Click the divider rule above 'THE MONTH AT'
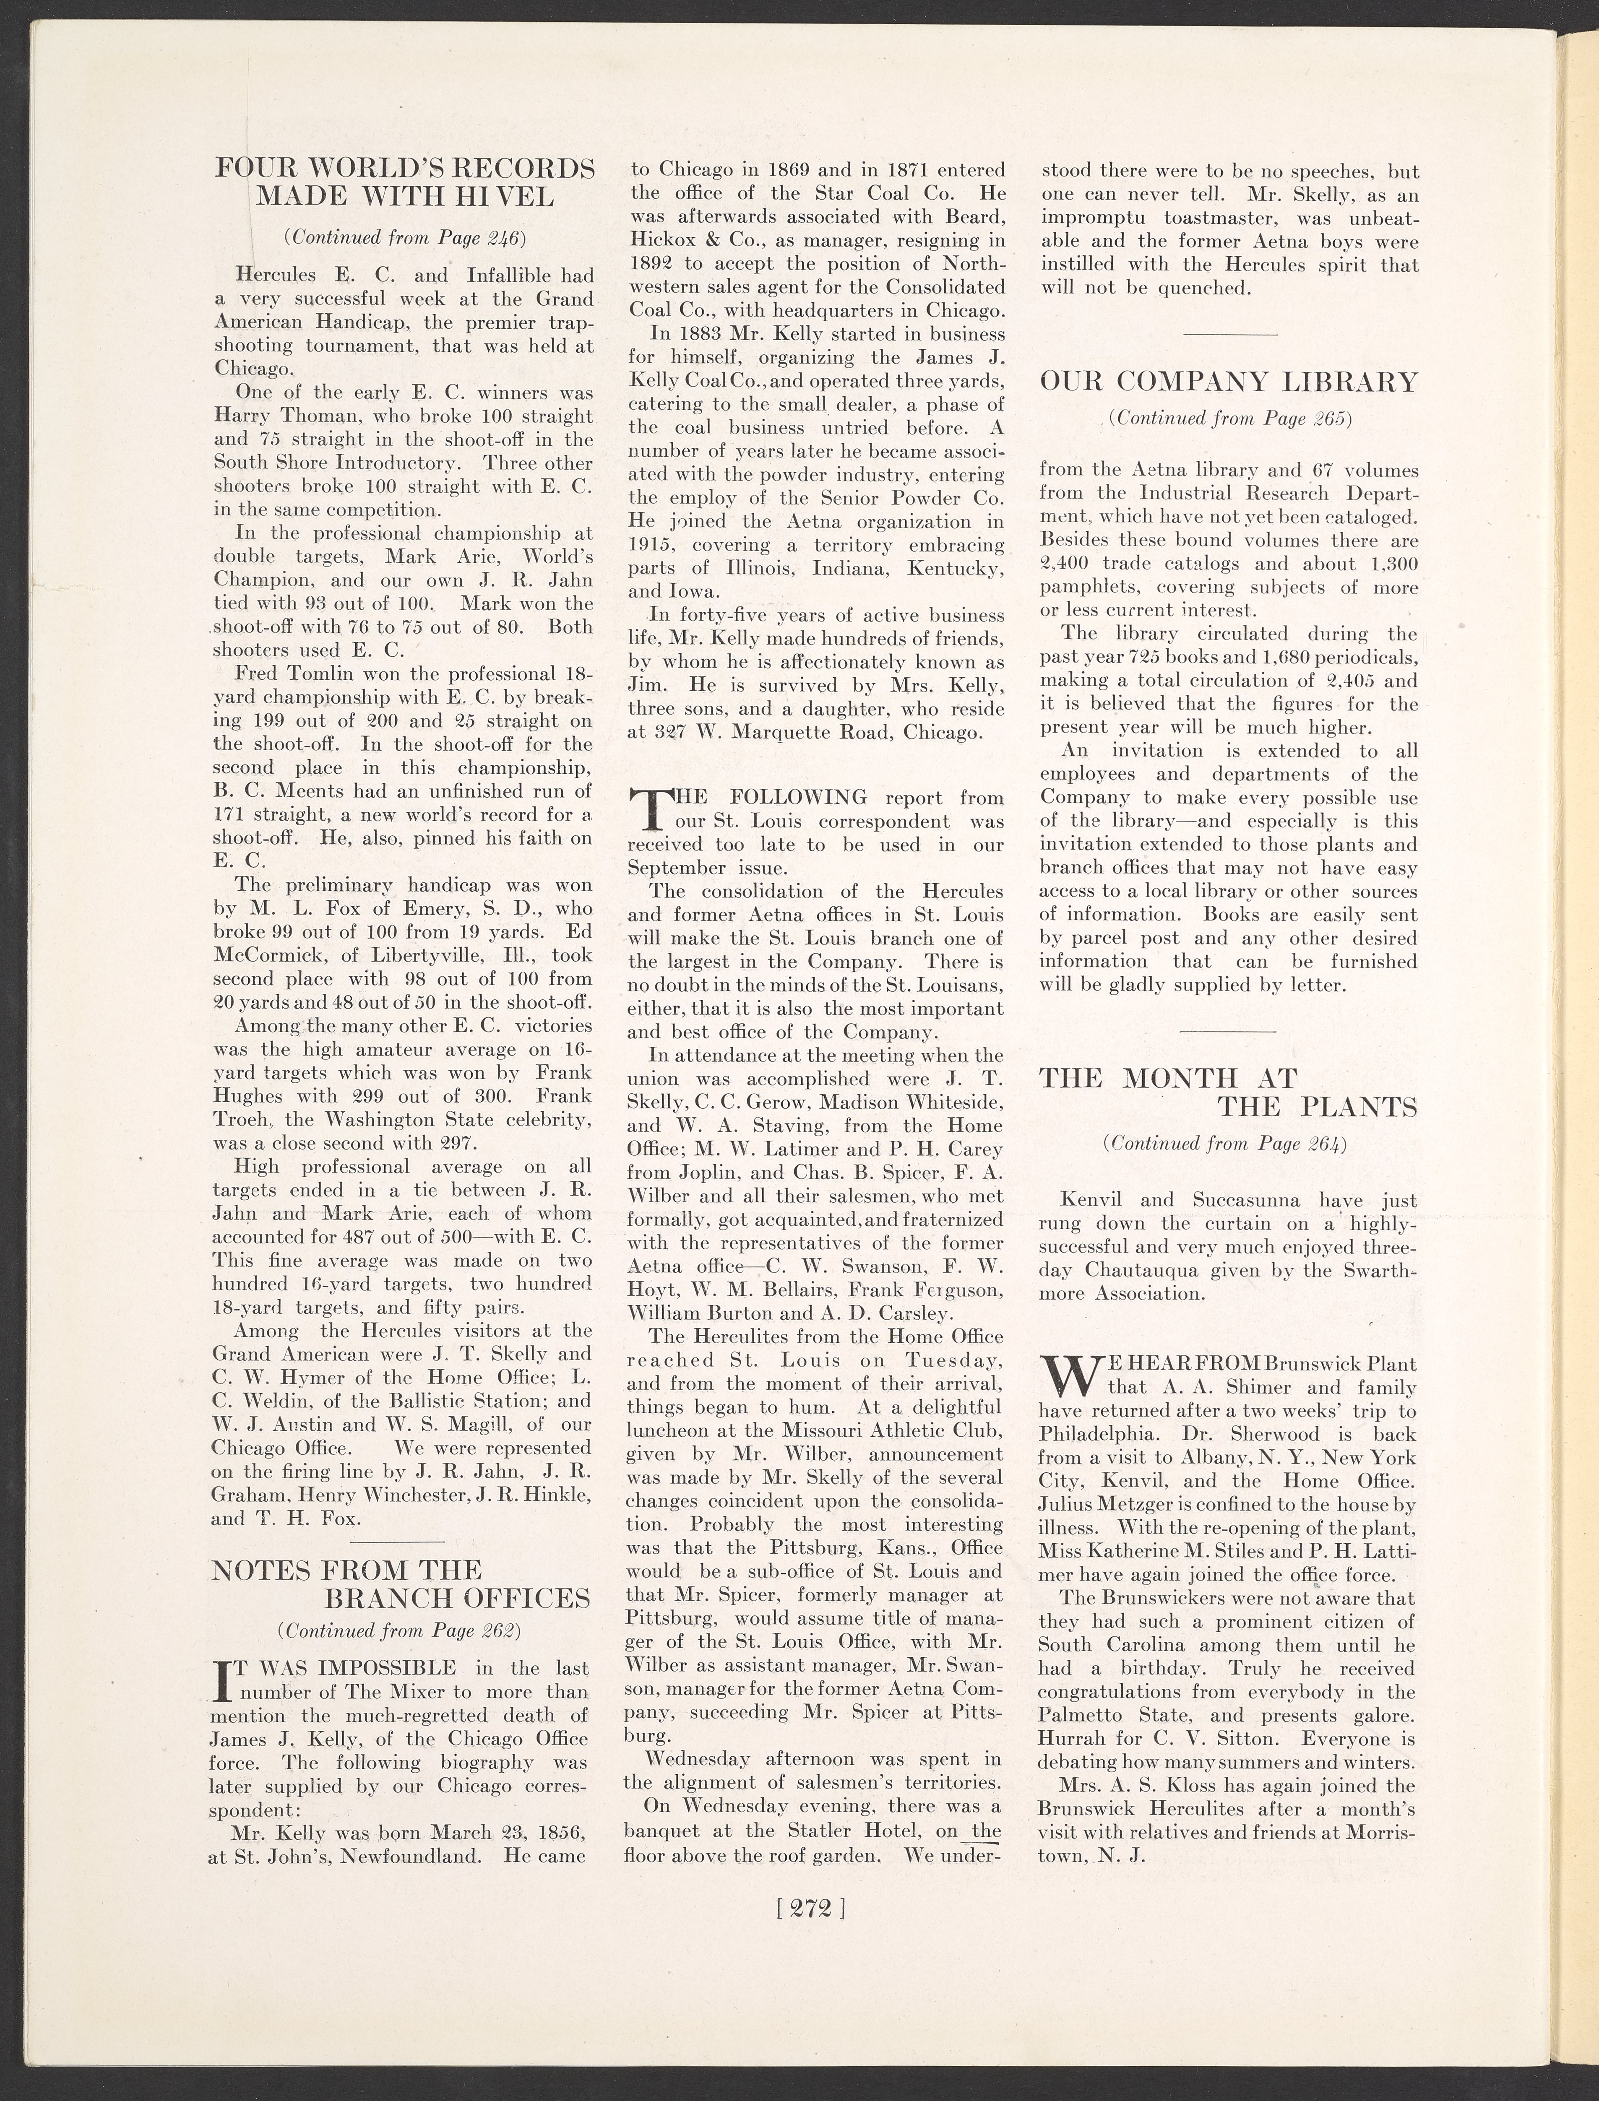coord(1228,1032)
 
